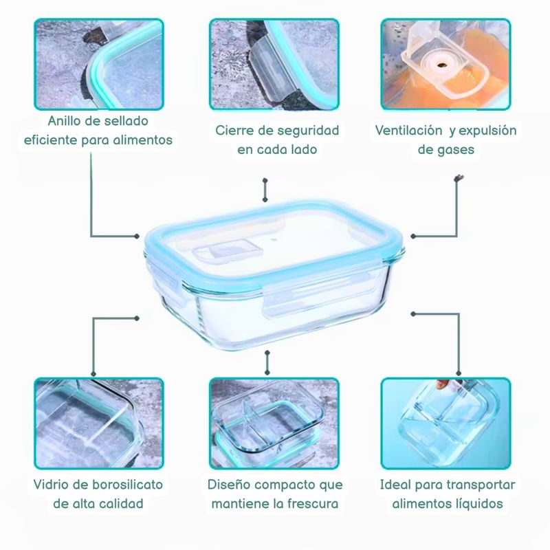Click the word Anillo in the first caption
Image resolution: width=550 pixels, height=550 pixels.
coord(64,121)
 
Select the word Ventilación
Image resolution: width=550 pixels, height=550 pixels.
coord(408,131)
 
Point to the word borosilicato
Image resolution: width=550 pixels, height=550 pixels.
coord(127,485)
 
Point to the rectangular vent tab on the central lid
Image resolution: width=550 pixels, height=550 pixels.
coord(228,251)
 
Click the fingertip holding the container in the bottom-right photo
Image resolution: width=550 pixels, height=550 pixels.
coord(443,384)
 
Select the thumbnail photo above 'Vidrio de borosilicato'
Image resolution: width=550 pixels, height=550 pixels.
coord(99,423)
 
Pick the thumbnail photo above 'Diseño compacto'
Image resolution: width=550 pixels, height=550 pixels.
coord(274,423)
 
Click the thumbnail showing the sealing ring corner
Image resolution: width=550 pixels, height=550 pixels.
coord(99,64)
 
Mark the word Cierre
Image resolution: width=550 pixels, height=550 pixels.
coord(234,131)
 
